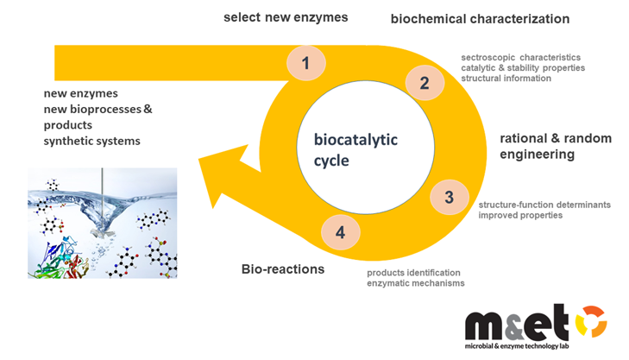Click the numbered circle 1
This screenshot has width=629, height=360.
305,62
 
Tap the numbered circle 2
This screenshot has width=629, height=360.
424,84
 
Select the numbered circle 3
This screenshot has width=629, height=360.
449,198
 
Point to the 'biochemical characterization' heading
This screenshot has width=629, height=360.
480,18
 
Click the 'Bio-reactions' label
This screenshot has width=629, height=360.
282,269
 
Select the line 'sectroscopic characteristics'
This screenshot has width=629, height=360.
520,57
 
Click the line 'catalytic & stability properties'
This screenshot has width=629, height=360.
523,67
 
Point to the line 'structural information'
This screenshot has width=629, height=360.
506,78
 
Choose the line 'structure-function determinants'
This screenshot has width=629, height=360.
544,205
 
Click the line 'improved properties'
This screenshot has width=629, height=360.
520,215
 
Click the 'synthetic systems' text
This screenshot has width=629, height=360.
92,141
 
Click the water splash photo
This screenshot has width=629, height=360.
102,223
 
